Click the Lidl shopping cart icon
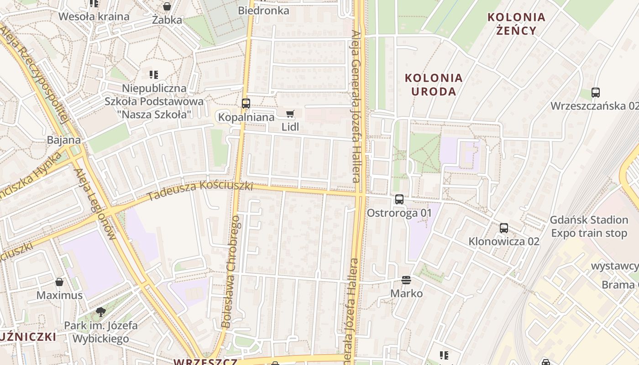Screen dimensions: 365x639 (x=290, y=114)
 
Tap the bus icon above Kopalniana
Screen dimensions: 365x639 (x=246, y=104)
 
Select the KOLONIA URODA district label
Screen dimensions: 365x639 (x=434, y=84)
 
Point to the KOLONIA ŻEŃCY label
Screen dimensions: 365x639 (x=516, y=24)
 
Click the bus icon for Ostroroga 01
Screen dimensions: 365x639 (x=399, y=199)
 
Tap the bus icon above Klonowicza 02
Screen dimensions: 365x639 (x=504, y=228)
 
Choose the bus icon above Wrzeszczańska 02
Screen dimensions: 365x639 (x=595, y=93)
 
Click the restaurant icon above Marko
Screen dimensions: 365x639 (x=406, y=280)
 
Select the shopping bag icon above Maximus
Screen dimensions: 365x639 (x=59, y=282)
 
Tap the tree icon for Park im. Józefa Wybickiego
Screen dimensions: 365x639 (x=101, y=312)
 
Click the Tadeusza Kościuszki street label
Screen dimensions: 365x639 (x=200, y=191)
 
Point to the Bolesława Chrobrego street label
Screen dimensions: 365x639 (x=231, y=272)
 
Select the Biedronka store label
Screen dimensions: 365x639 (x=264, y=10)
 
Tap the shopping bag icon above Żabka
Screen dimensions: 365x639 (x=167, y=6)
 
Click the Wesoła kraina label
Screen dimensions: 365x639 (x=94, y=17)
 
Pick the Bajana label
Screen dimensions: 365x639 (x=64, y=140)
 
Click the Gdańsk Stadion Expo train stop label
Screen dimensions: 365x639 (x=589, y=226)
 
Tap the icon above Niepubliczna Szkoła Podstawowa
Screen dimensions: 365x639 (x=154, y=74)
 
